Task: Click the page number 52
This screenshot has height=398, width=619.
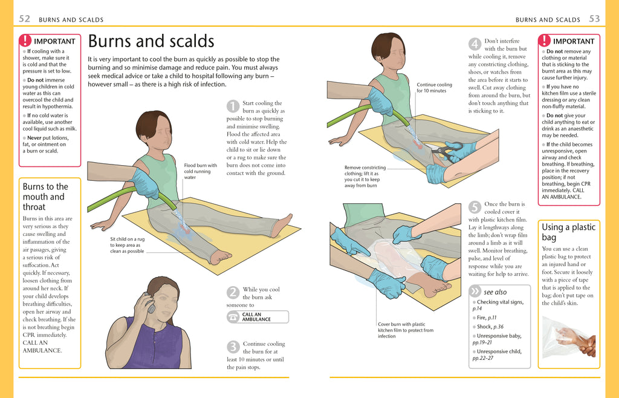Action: pyautogui.click(x=25, y=19)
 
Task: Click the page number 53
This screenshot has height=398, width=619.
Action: pyautogui.click(x=594, y=19)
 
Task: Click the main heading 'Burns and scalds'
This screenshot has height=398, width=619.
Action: pyautogui.click(x=151, y=41)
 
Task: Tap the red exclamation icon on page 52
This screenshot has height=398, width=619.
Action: pyautogui.click(x=25, y=41)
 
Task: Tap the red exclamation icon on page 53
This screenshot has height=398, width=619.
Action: pyautogui.click(x=545, y=41)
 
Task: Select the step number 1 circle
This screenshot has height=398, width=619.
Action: pyautogui.click(x=233, y=106)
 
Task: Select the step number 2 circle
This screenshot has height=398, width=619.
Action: pyautogui.click(x=233, y=293)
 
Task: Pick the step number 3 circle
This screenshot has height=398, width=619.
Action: pyautogui.click(x=233, y=347)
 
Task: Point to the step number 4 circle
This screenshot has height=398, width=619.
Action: pyautogui.click(x=475, y=44)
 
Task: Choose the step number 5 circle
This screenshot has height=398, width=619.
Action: pyautogui.click(x=475, y=207)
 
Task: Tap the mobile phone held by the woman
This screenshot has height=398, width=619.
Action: pyautogui.click(x=149, y=302)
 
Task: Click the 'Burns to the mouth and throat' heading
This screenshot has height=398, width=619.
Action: pyautogui.click(x=45, y=197)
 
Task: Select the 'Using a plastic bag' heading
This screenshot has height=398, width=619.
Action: pyautogui.click(x=568, y=232)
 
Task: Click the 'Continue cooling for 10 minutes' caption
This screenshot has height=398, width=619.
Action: pyautogui.click(x=434, y=88)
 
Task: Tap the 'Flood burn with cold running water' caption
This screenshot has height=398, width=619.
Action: pyautogui.click(x=200, y=171)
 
